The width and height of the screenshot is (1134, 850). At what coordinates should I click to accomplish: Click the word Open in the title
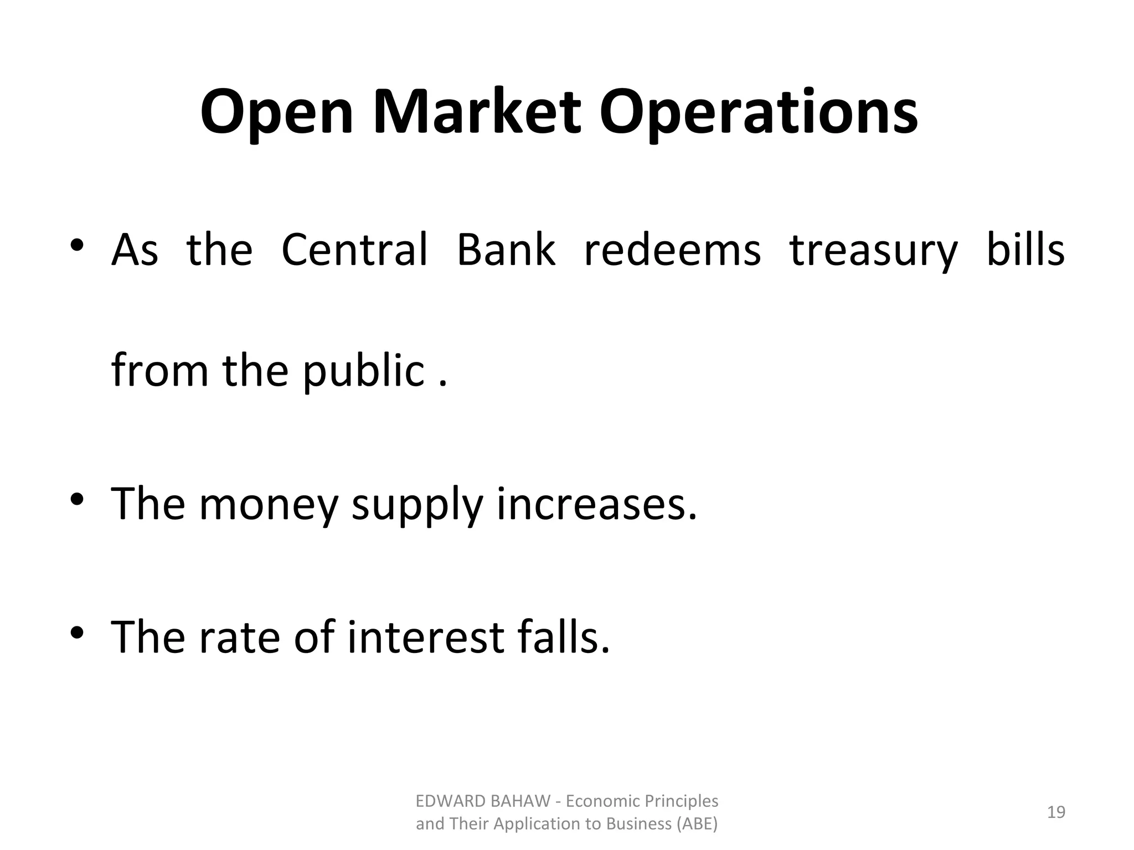(x=276, y=113)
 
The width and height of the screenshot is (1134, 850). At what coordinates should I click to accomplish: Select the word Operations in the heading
(x=758, y=113)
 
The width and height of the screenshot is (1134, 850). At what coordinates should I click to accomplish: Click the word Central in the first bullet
(x=354, y=250)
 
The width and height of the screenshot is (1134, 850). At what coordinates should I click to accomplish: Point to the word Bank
(x=506, y=250)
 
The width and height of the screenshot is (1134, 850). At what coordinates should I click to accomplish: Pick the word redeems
(x=672, y=250)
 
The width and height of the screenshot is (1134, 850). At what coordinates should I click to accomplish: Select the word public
(x=363, y=371)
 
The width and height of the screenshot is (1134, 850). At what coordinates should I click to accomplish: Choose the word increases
(x=596, y=504)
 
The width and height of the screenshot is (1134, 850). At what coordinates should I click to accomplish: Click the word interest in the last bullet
(x=426, y=637)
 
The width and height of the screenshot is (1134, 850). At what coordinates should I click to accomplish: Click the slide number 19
(x=1056, y=812)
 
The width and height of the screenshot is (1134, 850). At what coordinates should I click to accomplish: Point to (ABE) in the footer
(x=697, y=824)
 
